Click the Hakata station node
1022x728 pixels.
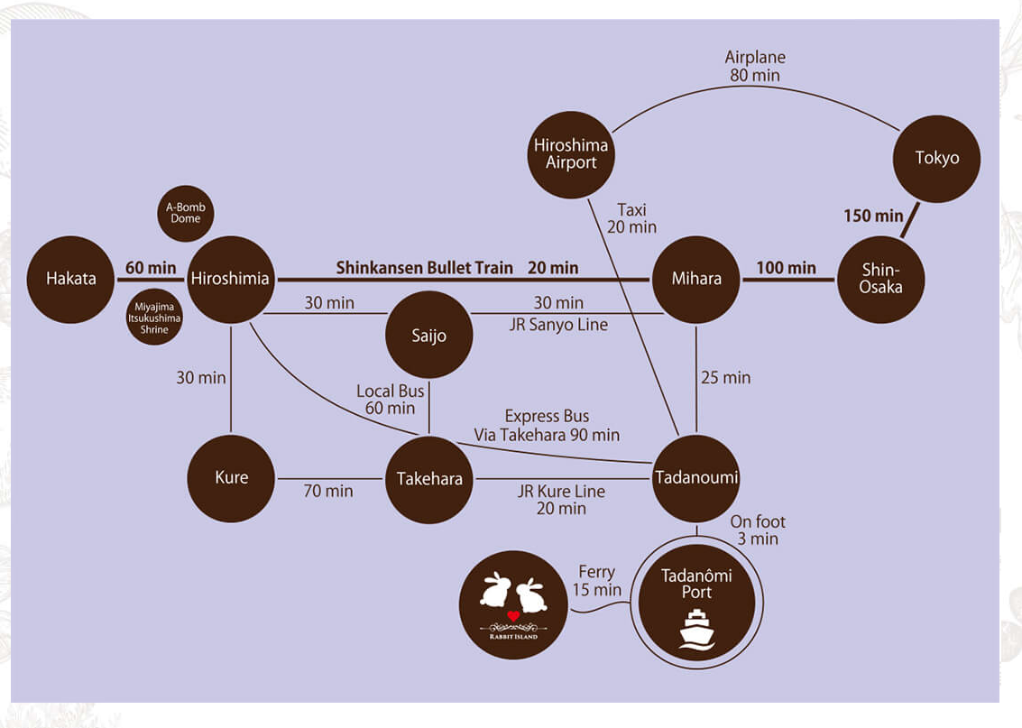point(70,279)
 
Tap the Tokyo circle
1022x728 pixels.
point(936,159)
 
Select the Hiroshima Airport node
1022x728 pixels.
point(571,154)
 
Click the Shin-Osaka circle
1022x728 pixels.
point(881,279)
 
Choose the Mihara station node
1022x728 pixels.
point(696,279)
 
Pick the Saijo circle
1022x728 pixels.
point(428,336)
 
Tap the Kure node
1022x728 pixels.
point(231,478)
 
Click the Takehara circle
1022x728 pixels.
point(429,479)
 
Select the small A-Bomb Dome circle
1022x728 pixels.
point(186,213)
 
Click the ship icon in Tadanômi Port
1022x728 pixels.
point(695,629)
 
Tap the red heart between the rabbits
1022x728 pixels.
point(512,616)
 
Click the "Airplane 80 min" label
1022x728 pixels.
point(755,67)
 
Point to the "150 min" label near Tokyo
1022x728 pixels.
point(873,216)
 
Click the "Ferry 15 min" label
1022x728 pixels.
point(596,581)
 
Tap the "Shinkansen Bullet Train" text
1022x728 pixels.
point(424,268)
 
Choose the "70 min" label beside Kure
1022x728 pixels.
point(328,491)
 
